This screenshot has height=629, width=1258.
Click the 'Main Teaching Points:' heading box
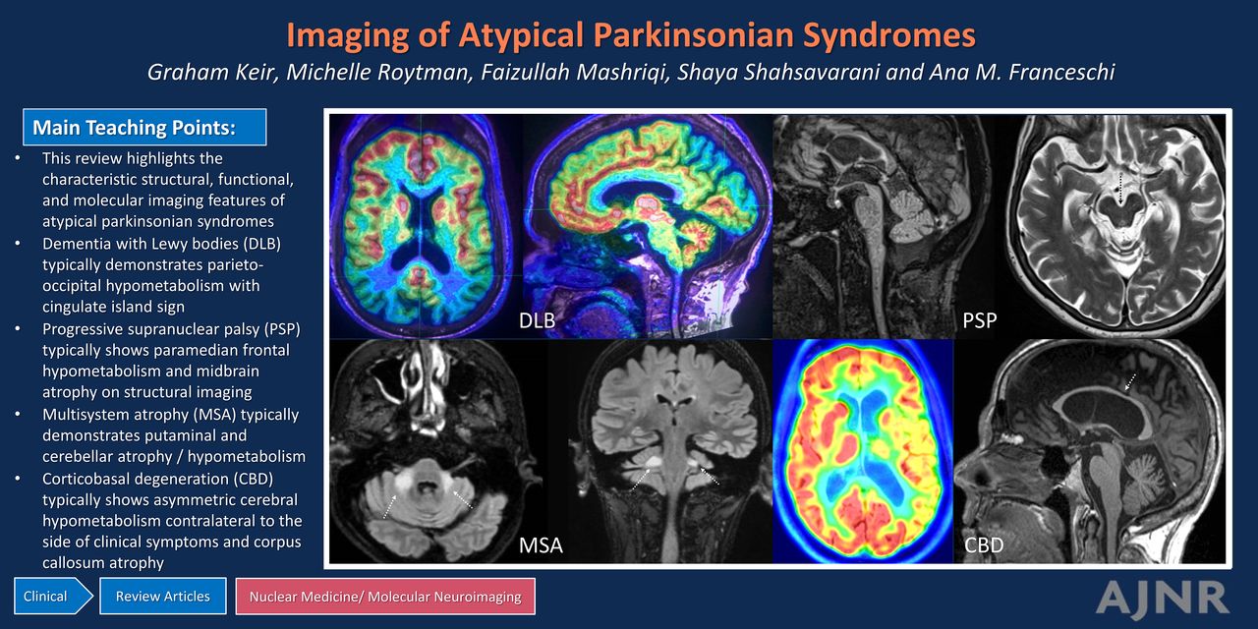[144, 127]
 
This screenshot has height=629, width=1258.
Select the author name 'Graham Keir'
[211, 72]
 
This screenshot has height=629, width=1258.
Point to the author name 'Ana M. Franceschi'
[1021, 72]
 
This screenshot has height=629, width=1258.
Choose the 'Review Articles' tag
[163, 596]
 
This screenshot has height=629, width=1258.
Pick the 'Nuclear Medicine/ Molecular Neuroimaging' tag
[385, 596]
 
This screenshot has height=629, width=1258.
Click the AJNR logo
[1163, 598]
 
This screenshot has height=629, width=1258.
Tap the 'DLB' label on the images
[537, 320]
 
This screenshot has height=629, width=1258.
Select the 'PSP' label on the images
[980, 320]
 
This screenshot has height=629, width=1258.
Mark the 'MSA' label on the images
[541, 544]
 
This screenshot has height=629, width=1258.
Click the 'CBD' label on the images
[984, 544]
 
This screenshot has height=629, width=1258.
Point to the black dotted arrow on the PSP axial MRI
[1120, 189]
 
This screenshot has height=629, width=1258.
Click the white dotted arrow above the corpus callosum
[1130, 382]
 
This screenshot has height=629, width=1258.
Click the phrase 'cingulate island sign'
[113, 307]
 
